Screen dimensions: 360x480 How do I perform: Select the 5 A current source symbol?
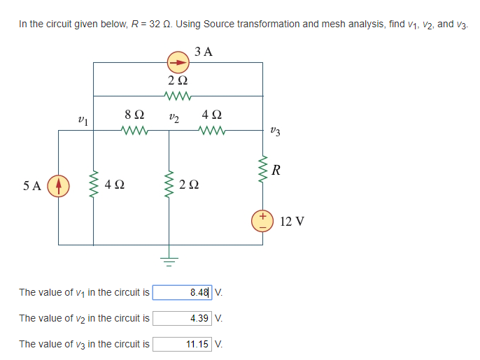(x=58, y=187)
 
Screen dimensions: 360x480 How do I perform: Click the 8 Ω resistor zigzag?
(x=134, y=130)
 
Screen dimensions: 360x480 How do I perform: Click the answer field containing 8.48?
(x=183, y=291)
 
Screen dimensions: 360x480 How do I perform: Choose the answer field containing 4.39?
(x=183, y=318)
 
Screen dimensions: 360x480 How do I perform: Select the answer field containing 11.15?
(x=183, y=344)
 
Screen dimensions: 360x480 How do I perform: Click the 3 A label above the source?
(x=204, y=50)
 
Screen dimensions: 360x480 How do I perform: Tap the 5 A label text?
(x=32, y=187)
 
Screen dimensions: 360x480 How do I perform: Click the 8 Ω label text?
(x=134, y=114)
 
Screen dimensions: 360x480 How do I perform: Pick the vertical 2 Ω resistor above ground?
(x=169, y=185)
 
